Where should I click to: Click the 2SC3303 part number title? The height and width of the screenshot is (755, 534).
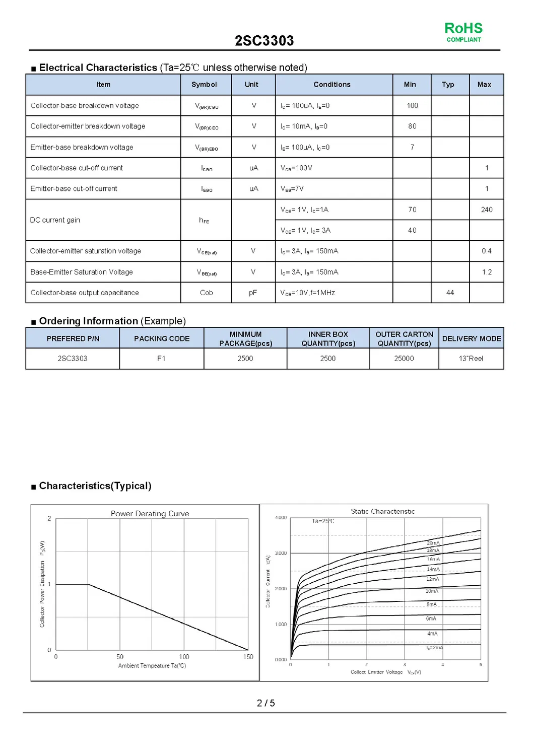(x=264, y=41)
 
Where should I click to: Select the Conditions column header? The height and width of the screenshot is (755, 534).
(x=331, y=85)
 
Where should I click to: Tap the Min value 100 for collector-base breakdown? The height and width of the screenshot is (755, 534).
(x=412, y=106)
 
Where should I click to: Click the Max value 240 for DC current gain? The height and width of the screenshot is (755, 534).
(x=486, y=210)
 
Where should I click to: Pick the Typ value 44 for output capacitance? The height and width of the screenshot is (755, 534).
(x=450, y=293)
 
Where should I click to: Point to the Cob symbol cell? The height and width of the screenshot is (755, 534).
(x=206, y=293)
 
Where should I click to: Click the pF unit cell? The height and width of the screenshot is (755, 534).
(x=253, y=293)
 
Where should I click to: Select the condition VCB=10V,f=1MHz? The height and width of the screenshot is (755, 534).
(x=307, y=293)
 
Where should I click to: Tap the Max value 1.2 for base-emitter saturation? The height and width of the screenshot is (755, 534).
(x=486, y=272)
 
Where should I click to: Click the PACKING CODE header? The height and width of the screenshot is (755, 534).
(x=162, y=338)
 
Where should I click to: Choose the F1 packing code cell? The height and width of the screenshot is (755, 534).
(x=161, y=359)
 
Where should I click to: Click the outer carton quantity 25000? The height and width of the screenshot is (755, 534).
(x=404, y=359)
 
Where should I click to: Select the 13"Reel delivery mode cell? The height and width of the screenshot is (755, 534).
(x=471, y=359)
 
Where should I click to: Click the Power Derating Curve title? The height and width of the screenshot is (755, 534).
(x=150, y=514)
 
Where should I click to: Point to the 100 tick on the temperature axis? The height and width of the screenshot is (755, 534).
(x=184, y=657)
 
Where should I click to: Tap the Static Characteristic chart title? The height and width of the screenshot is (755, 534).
(x=382, y=511)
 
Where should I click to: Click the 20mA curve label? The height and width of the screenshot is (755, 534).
(x=433, y=543)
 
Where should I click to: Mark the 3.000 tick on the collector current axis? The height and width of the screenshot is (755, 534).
(x=281, y=554)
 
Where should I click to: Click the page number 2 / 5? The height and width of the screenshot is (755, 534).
(x=265, y=703)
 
